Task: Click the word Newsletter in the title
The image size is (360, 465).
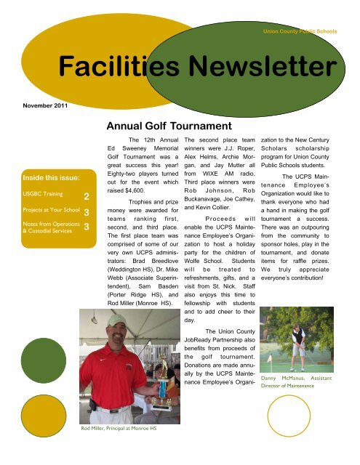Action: [259, 68]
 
